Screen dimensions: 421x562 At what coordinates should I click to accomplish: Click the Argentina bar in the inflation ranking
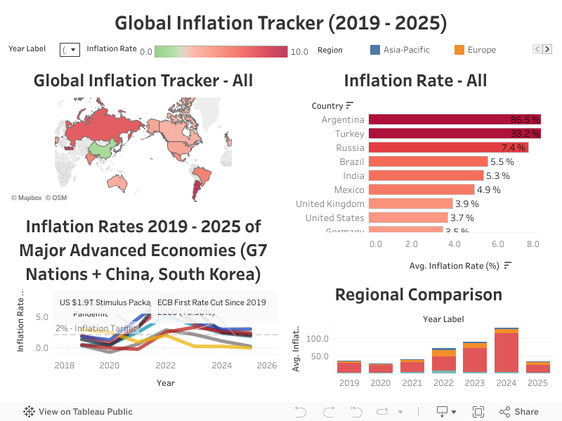pyautogui.click(x=450, y=120)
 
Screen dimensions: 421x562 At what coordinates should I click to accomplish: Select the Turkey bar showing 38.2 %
pyautogui.click(x=450, y=134)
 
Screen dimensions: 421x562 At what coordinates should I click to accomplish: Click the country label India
pyautogui.click(x=353, y=175)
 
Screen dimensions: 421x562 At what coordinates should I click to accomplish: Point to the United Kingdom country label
pyautogui.click(x=330, y=203)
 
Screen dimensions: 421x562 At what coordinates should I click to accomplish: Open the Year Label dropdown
pyautogui.click(x=70, y=51)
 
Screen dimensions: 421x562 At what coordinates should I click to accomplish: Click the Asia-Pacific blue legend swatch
pyautogui.click(x=375, y=50)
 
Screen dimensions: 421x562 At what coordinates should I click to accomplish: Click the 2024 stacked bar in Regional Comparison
pyautogui.click(x=506, y=351)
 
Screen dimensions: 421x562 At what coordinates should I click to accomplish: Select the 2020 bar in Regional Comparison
pyautogui.click(x=381, y=368)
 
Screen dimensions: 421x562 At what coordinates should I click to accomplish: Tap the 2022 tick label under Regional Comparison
pyautogui.click(x=444, y=383)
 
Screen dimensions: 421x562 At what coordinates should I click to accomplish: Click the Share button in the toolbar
pyautogui.click(x=519, y=412)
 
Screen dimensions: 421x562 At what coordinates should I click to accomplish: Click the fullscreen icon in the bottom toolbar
pyautogui.click(x=478, y=412)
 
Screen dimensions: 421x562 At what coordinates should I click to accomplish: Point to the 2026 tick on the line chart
pyautogui.click(x=266, y=366)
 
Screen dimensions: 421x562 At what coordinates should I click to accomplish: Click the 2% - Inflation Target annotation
pyautogui.click(x=96, y=328)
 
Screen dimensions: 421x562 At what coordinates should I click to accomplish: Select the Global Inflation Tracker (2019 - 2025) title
pyautogui.click(x=281, y=23)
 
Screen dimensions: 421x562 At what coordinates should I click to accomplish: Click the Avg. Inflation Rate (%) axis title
pyautogui.click(x=454, y=266)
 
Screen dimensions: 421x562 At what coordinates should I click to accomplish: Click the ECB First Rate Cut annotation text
pyautogui.click(x=211, y=302)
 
